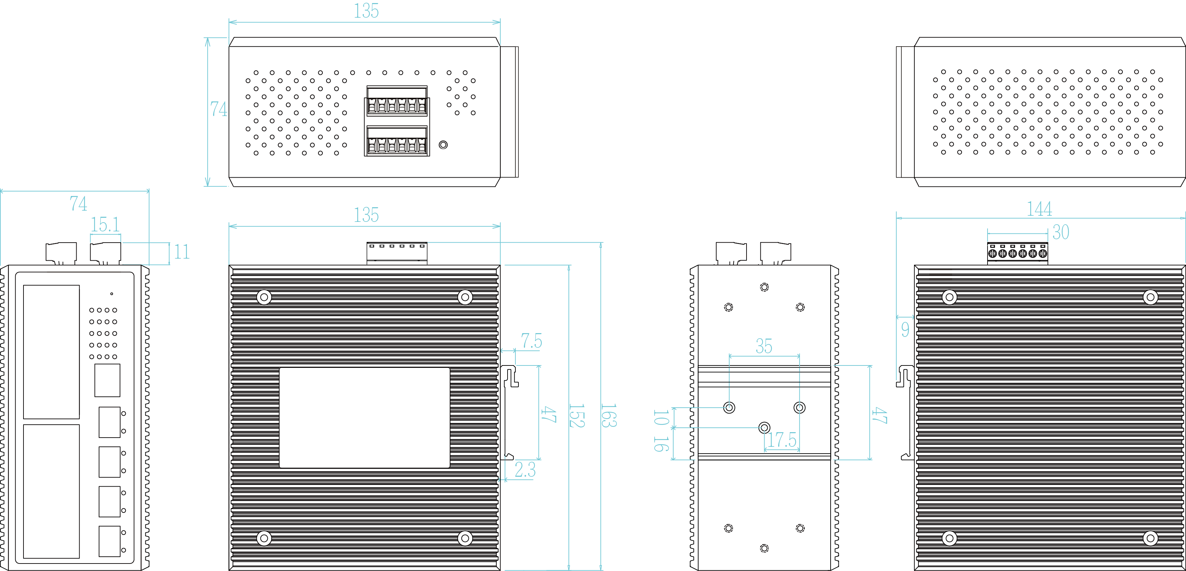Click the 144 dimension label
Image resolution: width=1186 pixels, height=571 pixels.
(1039, 209)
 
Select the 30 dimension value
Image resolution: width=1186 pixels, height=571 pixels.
(1061, 232)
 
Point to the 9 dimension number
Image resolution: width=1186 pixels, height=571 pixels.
(905, 329)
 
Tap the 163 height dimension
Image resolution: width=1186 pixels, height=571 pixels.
(609, 415)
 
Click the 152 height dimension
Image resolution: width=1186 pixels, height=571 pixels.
(576, 415)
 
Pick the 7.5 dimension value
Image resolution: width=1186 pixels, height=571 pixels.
(531, 341)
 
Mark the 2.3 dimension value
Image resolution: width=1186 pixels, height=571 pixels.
(525, 470)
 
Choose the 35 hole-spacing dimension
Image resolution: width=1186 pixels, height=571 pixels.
(764, 346)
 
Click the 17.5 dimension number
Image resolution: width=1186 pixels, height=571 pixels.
(782, 440)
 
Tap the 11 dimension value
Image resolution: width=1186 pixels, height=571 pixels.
(181, 252)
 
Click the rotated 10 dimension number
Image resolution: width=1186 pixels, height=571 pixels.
(661, 417)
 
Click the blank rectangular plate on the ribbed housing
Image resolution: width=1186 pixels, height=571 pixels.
(364, 417)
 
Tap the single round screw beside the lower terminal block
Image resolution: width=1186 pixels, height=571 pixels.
(443, 145)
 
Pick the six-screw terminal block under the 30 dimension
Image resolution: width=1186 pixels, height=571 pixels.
(1017, 253)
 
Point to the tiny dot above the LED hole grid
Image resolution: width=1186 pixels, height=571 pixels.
(111, 294)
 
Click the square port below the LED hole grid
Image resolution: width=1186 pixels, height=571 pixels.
(107, 380)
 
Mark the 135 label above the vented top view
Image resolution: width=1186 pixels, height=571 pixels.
(366, 11)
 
